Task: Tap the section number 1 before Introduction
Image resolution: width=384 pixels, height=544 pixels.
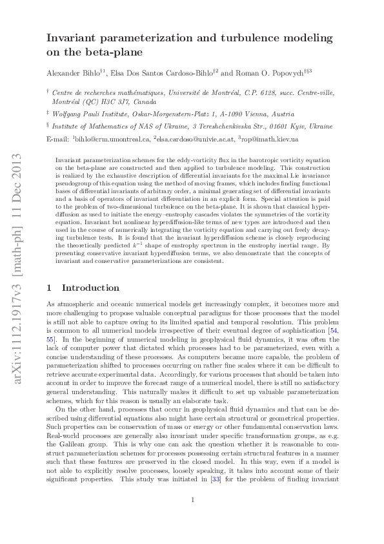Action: pos(50,288)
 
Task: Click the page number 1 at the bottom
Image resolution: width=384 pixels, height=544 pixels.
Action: pos(192,518)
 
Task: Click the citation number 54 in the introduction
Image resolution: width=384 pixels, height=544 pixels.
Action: pos(332,331)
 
